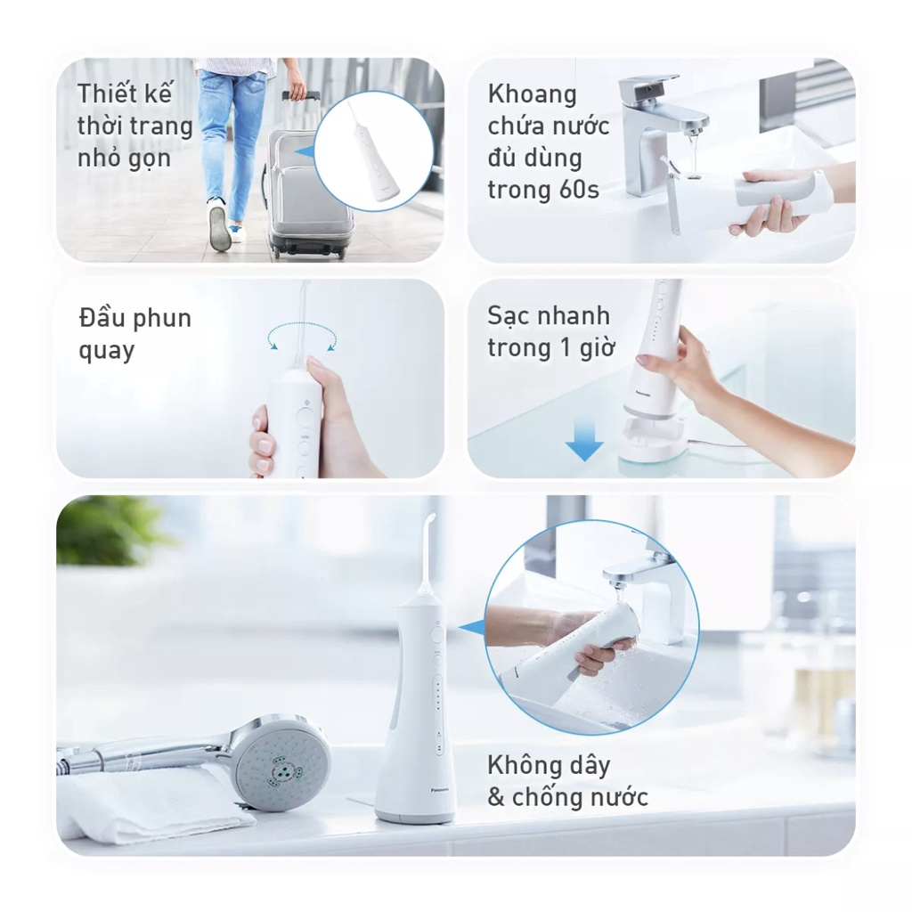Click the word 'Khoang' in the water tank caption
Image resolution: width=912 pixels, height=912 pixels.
point(532,94)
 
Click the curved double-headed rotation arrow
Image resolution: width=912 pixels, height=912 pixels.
point(303,336)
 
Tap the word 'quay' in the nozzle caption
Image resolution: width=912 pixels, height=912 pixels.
point(106,351)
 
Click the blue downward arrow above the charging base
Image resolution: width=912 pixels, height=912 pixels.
point(583,442)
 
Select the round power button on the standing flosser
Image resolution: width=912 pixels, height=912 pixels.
point(436,635)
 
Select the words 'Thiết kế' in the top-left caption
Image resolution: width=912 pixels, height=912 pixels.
point(124,94)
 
